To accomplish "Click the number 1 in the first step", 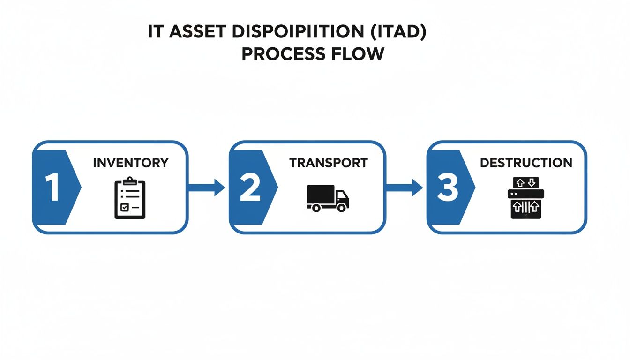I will click(52, 187).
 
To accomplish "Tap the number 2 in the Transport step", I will click(249, 187).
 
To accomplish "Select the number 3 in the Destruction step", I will click(446, 187).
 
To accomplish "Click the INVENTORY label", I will click(130, 163).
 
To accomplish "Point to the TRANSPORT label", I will click(328, 163).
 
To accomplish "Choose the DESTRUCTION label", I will click(526, 163).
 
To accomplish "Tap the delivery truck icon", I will click(328, 198).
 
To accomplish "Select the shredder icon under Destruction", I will click(525, 198).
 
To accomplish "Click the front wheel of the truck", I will click(342, 208).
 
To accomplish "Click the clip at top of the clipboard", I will click(130, 180).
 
